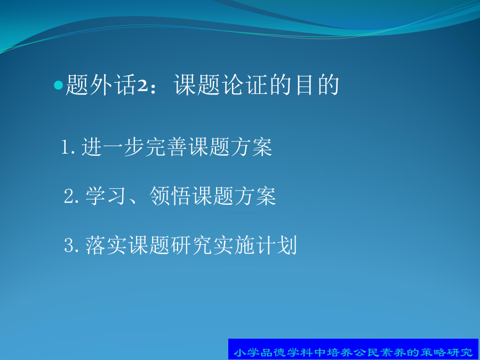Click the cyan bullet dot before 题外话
click(x=58, y=85)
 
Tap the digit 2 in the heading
click(x=142, y=86)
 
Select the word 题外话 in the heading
click(x=101, y=85)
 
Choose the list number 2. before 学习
click(x=71, y=196)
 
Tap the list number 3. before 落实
click(x=71, y=245)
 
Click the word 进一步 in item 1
click(x=113, y=147)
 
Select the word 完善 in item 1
click(x=166, y=147)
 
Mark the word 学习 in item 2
click(x=106, y=196)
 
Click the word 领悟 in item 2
click(x=170, y=196)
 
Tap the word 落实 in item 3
click(x=106, y=245)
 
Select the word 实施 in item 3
click(x=234, y=245)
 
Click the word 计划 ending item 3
click(x=277, y=245)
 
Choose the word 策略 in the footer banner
click(x=433, y=352)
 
